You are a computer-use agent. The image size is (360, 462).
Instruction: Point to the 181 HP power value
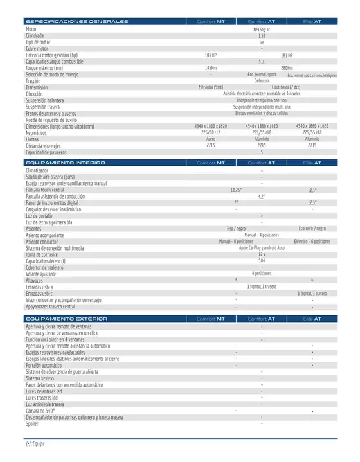(x=287, y=55)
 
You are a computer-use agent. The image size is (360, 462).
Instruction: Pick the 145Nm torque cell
(x=210, y=68)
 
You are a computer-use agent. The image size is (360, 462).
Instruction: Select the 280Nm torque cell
(x=287, y=68)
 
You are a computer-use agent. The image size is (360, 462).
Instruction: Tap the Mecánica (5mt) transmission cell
(x=210, y=87)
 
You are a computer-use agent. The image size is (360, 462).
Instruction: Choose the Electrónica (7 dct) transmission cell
(x=287, y=87)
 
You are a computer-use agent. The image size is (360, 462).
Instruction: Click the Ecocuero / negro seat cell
(x=312, y=228)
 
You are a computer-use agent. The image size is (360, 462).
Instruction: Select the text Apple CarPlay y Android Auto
(x=262, y=248)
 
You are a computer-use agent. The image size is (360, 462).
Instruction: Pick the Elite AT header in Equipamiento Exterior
(x=312, y=319)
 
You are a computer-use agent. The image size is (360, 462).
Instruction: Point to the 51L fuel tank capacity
(x=262, y=62)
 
